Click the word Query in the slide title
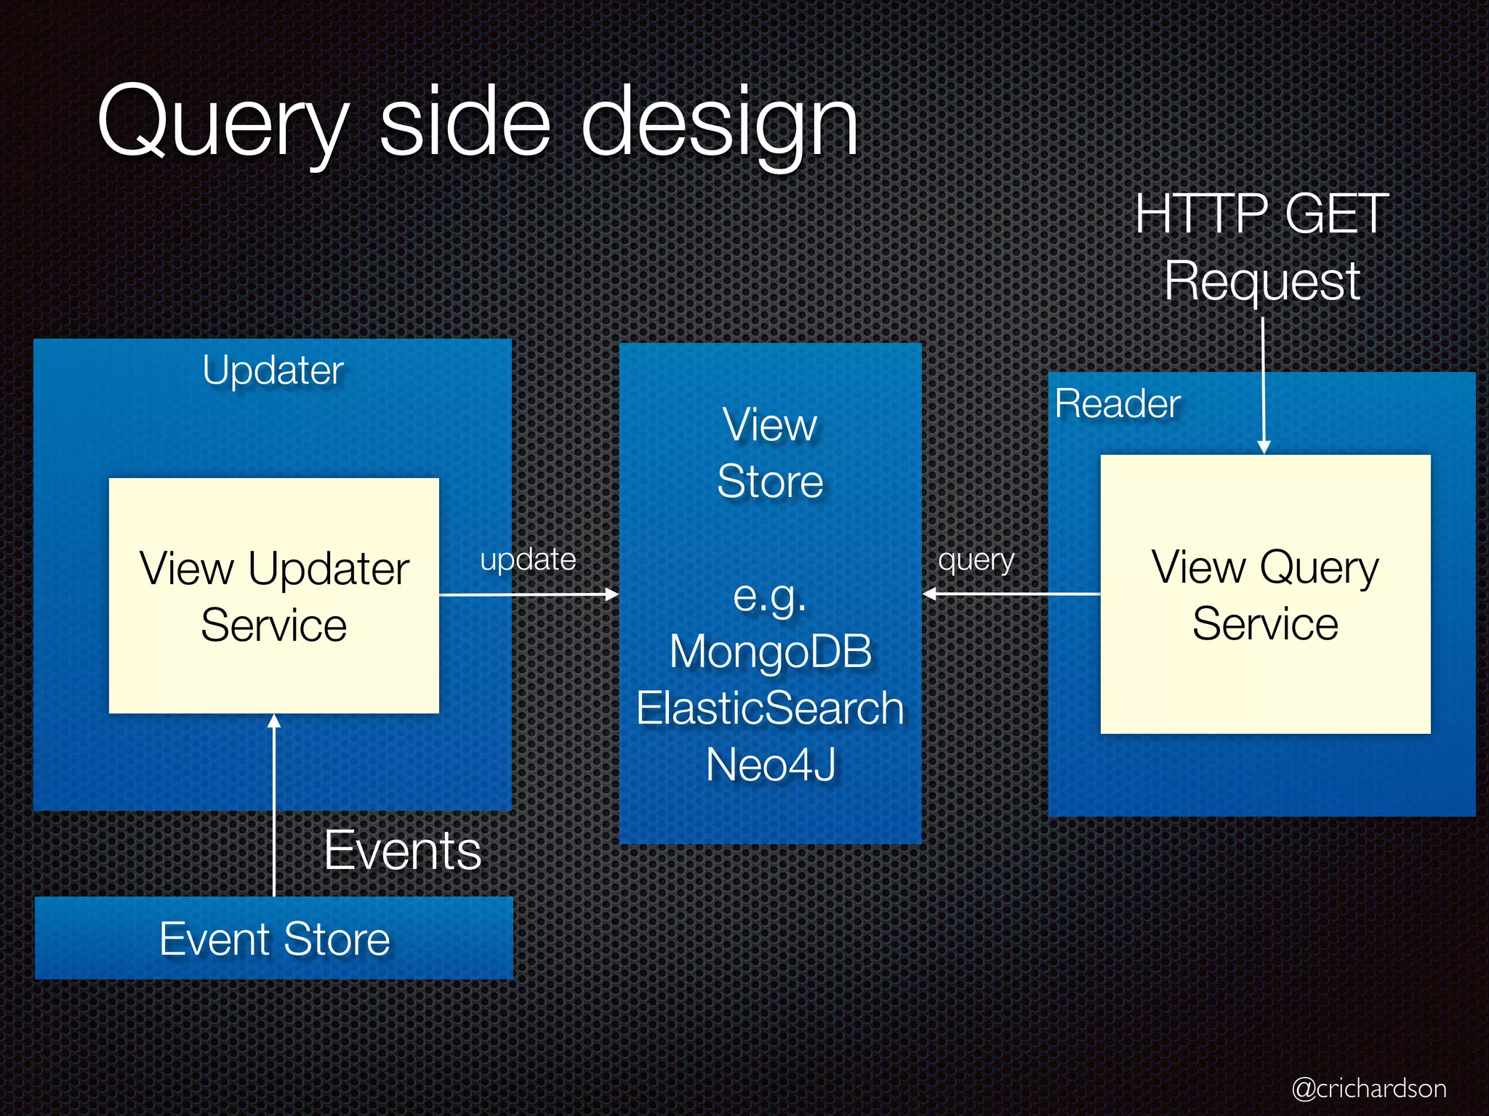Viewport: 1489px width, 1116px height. tap(222, 124)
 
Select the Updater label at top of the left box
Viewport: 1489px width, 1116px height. tap(273, 371)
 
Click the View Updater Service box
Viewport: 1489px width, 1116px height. tap(273, 596)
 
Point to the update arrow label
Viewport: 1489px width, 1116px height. tap(528, 560)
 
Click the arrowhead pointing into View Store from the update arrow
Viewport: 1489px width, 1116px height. tap(612, 594)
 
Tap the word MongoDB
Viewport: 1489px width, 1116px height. tap(770, 651)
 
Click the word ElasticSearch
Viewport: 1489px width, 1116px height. tap(770, 708)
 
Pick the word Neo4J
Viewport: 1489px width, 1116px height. tap(770, 764)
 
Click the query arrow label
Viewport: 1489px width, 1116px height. tap(976, 560)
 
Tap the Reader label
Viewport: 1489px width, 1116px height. tap(1117, 404)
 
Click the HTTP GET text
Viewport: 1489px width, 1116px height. tap(1261, 214)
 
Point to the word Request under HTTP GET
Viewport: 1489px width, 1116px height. tap(1261, 280)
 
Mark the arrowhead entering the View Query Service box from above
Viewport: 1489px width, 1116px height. tap(1264, 447)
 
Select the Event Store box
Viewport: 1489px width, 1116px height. tap(274, 938)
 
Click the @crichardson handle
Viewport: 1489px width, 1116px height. tap(1368, 1088)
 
